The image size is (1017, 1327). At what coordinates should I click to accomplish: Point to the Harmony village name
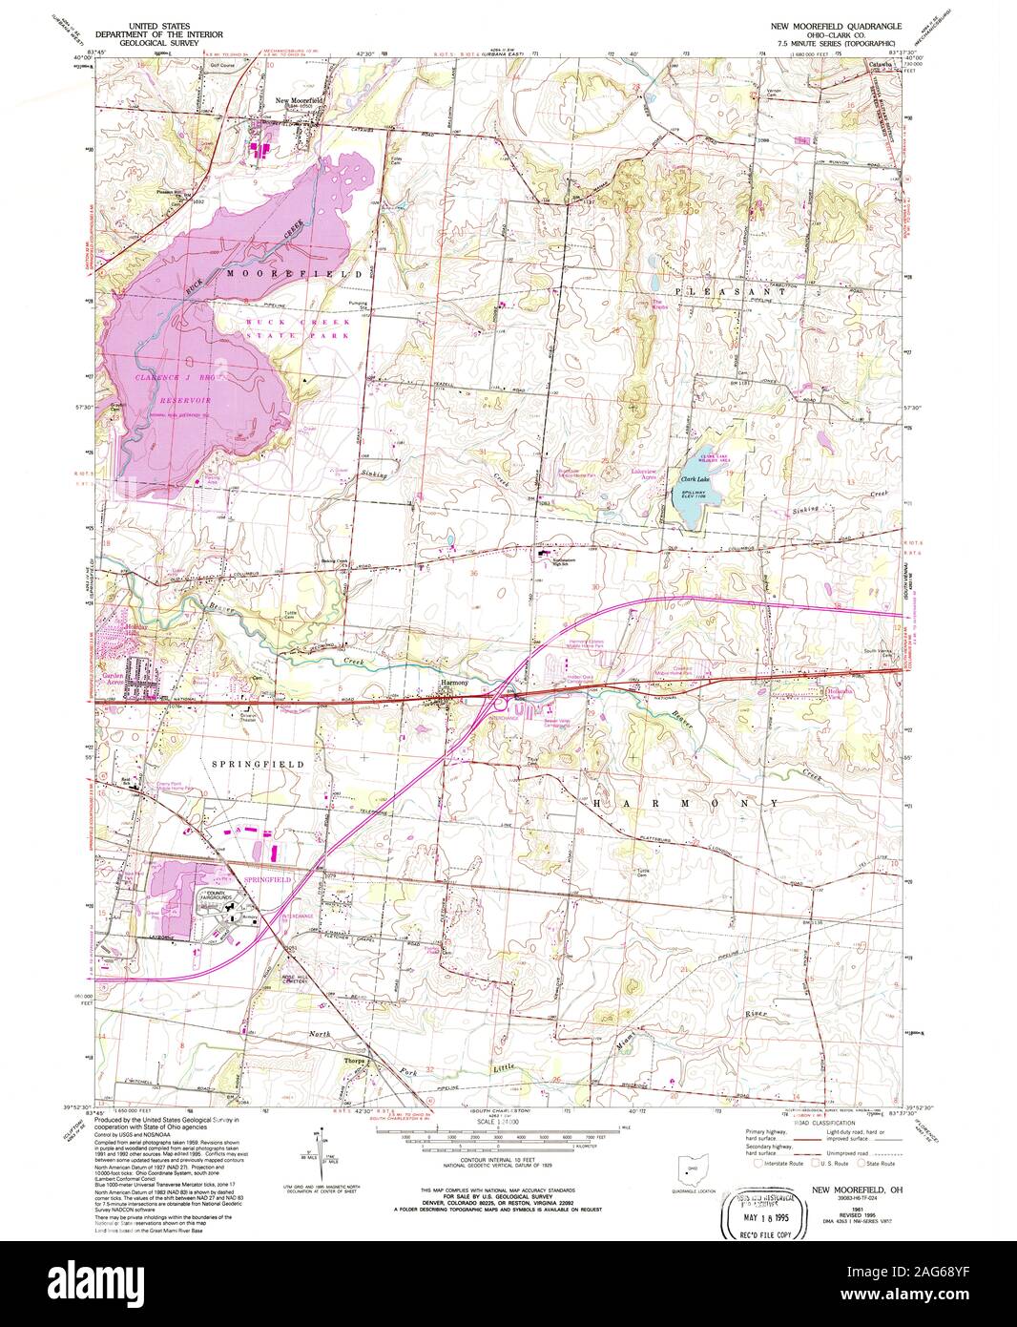[453, 684]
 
